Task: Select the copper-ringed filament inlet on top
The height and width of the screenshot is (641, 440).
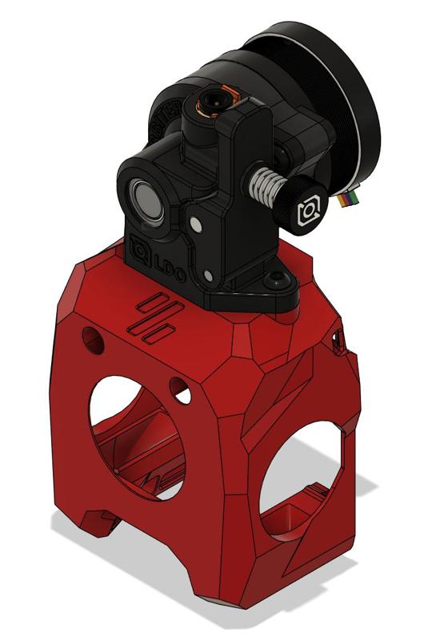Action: [215, 102]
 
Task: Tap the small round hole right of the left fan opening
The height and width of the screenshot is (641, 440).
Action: [181, 391]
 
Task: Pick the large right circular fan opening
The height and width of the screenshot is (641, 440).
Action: [304, 481]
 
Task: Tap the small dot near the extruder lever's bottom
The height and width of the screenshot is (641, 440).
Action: [210, 276]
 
